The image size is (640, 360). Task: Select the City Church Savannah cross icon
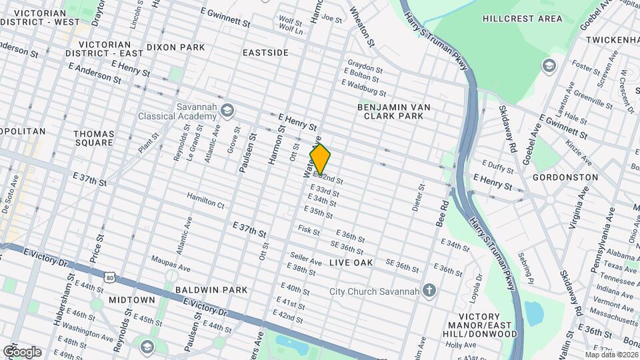point(430,291)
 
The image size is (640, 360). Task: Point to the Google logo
point(22,352)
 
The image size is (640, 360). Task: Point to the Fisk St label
point(309,231)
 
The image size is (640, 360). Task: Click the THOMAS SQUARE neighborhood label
point(93,138)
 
